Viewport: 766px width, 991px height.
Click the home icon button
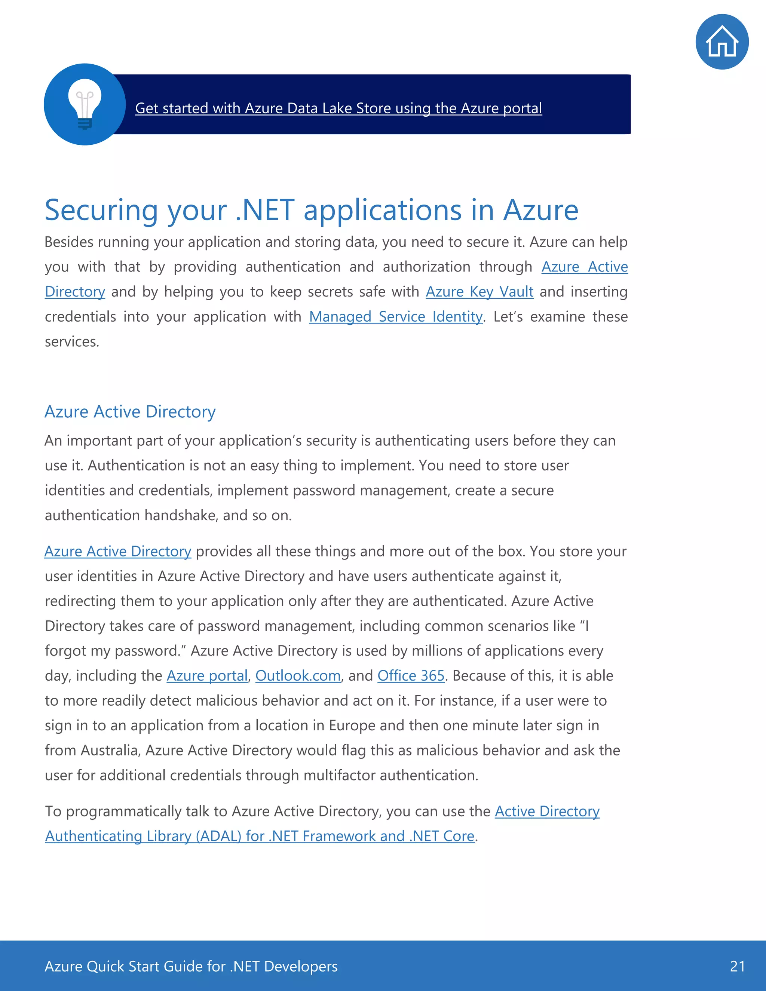721,42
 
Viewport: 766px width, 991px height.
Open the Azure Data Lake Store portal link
338,108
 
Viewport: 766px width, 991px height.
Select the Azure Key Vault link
479,292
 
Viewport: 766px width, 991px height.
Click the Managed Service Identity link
395,317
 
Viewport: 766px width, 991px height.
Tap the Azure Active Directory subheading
130,412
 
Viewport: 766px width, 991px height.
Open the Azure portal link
207,676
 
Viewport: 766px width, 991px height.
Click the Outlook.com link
298,676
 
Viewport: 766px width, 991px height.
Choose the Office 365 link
411,676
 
